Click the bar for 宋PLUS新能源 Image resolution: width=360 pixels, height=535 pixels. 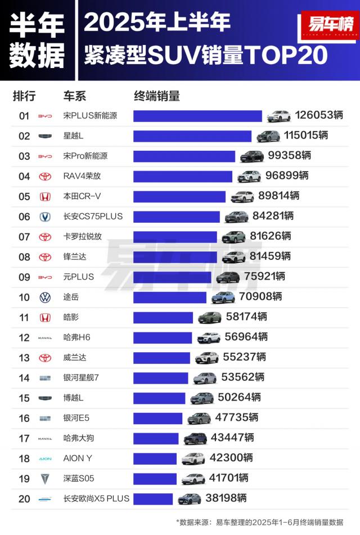(197, 116)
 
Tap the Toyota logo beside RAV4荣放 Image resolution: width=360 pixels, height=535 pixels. (44, 177)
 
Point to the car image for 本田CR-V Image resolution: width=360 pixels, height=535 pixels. (242, 196)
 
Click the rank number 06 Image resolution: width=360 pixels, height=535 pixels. (24, 217)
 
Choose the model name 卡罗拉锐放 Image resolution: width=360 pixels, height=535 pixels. (83, 236)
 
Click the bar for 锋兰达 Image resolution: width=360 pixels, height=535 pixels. (174, 257)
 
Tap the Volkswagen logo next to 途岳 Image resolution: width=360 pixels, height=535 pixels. (44, 298)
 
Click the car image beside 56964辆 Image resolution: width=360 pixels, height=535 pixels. (208, 338)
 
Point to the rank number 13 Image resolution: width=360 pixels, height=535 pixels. (24, 358)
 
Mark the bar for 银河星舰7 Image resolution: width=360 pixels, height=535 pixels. (160, 378)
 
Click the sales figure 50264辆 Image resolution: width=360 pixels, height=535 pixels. (239, 398)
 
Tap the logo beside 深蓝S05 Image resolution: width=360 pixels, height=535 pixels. (44, 479)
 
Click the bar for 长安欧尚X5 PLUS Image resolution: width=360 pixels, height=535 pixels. (153, 499)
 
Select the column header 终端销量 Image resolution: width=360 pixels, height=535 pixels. (157, 96)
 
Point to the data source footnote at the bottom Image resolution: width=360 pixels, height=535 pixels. (259, 522)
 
